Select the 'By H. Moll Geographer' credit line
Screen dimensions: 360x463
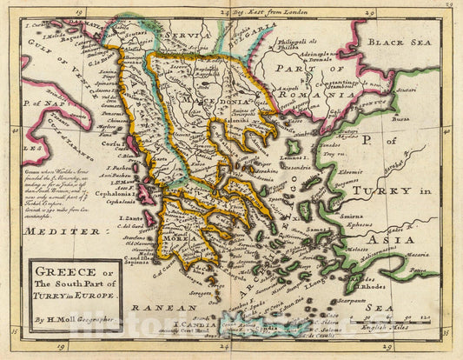click(73, 320)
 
